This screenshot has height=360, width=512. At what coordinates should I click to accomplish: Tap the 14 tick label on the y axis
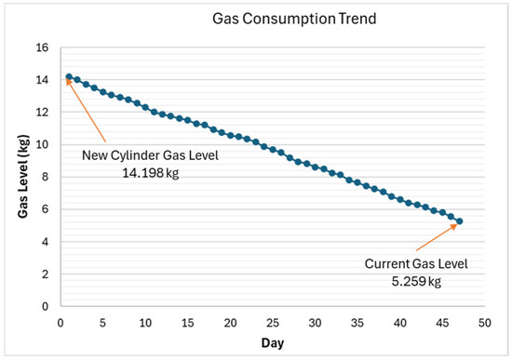pyautogui.click(x=42, y=79)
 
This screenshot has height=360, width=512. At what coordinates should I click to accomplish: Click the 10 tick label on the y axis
pyautogui.click(x=42, y=144)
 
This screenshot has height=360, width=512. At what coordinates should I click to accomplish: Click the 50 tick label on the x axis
pyautogui.click(x=484, y=322)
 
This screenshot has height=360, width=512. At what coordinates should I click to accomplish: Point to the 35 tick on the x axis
pyautogui.click(x=357, y=322)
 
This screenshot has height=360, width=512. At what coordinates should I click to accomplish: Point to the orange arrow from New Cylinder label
pyautogui.click(x=91, y=111)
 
